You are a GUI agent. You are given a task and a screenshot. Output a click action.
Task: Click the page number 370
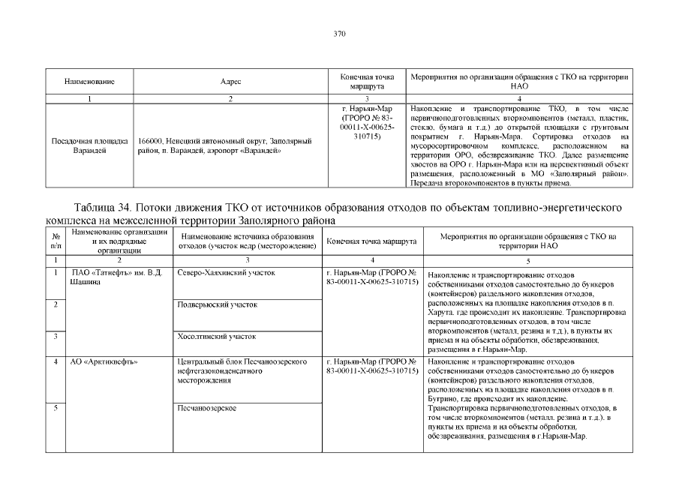coord(339,34)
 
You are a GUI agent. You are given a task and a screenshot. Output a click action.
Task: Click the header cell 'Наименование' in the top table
coord(89,81)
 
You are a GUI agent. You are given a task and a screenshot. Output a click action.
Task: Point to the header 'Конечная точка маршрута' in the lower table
coord(371,242)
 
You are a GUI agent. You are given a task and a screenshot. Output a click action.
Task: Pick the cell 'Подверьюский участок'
coord(217,305)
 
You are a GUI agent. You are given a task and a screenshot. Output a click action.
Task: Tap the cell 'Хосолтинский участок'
coord(216,337)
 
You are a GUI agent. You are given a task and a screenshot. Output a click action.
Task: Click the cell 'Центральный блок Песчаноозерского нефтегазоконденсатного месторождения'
coord(242,371)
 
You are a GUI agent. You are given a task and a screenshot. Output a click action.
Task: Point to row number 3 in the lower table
coord(56,337)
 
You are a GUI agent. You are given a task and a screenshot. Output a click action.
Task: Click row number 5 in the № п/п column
coord(56,408)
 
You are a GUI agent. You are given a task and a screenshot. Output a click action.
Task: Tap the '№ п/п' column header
coord(56,241)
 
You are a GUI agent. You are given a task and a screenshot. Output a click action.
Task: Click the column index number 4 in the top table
coord(519,99)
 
